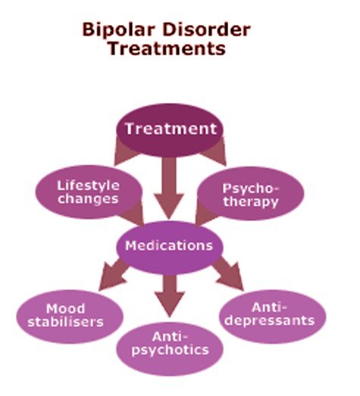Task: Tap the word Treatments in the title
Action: pos(166,48)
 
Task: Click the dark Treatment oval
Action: pos(171,129)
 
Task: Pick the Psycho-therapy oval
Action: pos(250,195)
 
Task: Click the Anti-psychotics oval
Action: pos(171,344)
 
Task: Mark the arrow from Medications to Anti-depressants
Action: pos(226,274)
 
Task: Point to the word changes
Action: pos(89,199)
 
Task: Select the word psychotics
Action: pos(171,351)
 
